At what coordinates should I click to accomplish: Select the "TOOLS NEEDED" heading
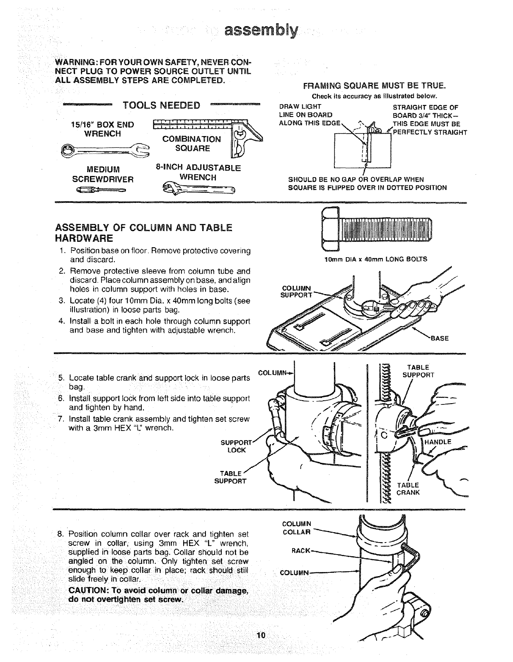[x=162, y=105]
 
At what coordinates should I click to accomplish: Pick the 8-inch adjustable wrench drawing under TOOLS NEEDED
[x=198, y=189]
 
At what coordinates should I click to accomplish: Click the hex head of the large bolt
[x=330, y=230]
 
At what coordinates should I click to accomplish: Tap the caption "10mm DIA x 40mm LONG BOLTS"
[x=375, y=259]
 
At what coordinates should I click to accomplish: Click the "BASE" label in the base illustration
[x=440, y=338]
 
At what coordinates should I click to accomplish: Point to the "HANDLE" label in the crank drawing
[x=438, y=442]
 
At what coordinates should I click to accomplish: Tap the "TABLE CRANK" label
[x=408, y=489]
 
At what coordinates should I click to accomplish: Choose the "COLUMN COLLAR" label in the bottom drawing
[x=296, y=528]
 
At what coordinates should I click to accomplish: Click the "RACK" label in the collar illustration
[x=300, y=550]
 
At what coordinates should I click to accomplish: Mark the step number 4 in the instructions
[x=61, y=321]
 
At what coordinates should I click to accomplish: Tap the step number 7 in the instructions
[x=61, y=419]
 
